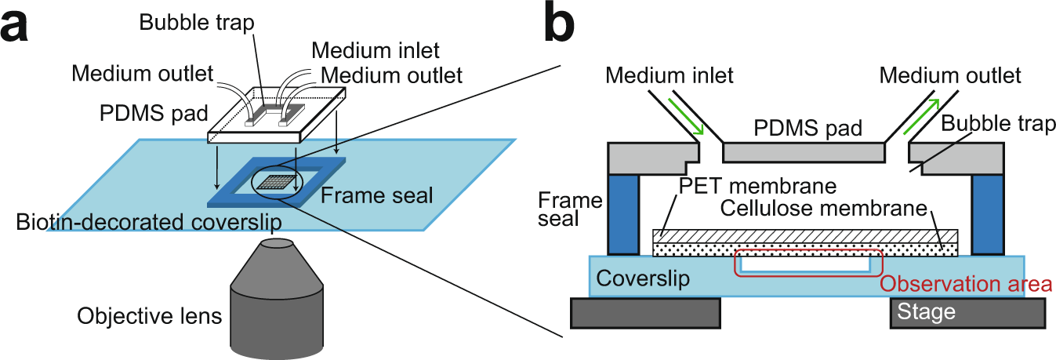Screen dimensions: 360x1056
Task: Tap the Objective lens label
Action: (149, 317)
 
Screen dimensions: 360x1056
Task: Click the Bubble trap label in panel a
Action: (197, 22)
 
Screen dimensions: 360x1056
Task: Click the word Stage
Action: (927, 312)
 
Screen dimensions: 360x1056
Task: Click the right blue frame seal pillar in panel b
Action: (987, 213)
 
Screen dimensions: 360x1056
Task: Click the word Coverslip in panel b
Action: (641, 278)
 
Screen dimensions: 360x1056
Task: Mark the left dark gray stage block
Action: (645, 312)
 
